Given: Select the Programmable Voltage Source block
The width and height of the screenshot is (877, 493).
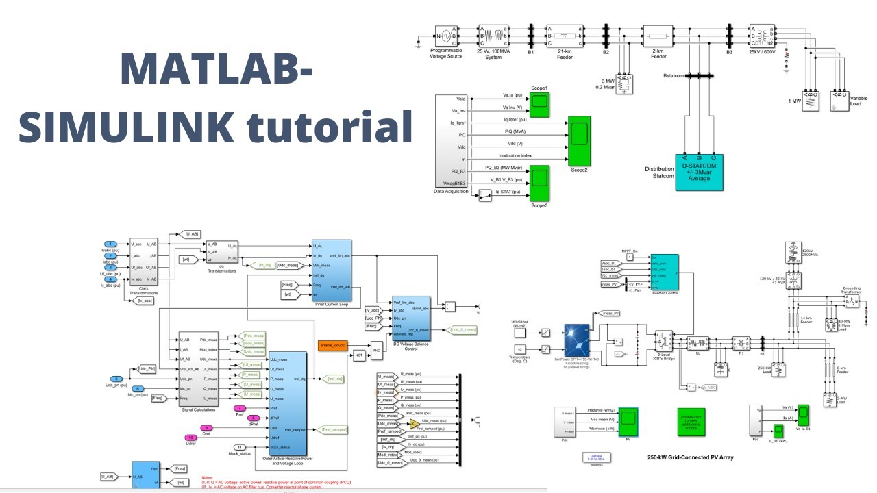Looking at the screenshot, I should (446, 36).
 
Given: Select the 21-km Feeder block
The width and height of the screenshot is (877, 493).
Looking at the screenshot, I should (564, 36).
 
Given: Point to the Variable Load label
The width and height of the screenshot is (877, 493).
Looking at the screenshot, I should (859, 101).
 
